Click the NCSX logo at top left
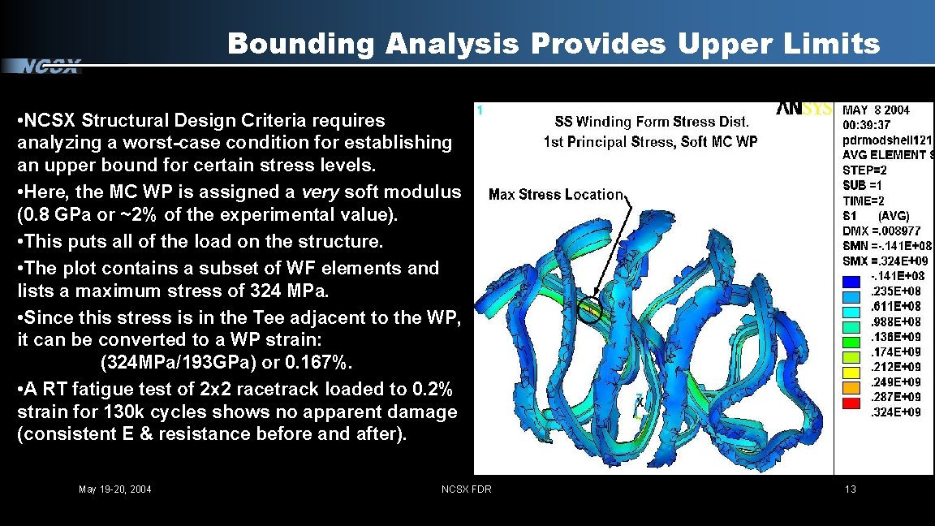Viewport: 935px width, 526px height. [x=50, y=67]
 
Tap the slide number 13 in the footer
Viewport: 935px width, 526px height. [x=850, y=489]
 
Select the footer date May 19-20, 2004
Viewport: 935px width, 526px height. [x=114, y=489]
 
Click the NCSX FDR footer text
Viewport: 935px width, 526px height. [x=466, y=489]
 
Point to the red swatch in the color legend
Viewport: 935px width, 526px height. [x=851, y=403]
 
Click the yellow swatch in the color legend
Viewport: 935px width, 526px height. [x=851, y=373]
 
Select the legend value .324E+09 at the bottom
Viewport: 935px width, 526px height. [x=895, y=412]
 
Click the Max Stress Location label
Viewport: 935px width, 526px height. [x=555, y=195]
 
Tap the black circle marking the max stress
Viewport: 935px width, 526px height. [x=592, y=309]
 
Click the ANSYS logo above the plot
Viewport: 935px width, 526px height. [x=804, y=110]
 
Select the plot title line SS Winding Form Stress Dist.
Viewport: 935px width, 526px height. [x=651, y=123]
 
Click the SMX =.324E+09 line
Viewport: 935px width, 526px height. [x=885, y=261]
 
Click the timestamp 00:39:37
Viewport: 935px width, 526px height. [x=866, y=125]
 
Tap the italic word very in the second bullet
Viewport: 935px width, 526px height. [x=317, y=193]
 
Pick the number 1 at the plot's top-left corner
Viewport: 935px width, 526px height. [x=480, y=110]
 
